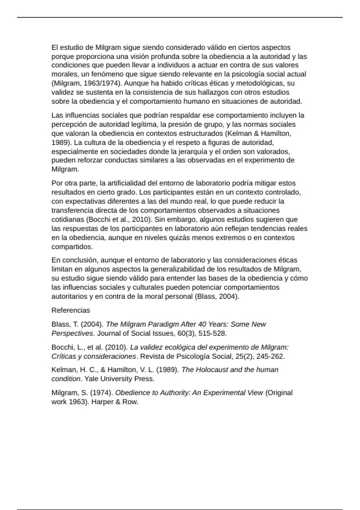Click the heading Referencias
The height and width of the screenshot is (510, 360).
point(70,310)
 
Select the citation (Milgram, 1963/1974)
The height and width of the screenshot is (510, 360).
point(87,83)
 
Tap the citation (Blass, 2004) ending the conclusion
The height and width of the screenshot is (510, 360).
point(217,296)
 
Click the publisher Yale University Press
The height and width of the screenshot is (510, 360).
point(119,379)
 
